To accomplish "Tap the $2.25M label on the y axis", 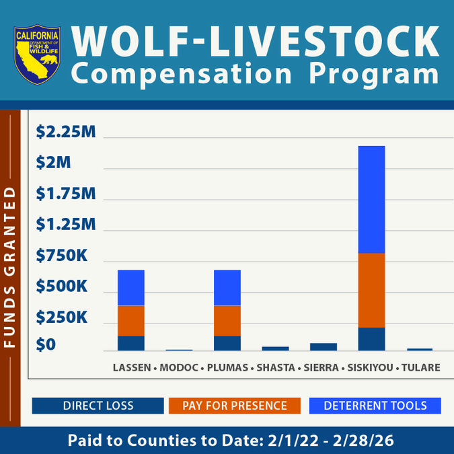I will coord(66,133).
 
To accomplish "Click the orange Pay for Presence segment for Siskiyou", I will coord(371,290).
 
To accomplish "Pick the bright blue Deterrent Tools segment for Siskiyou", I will coord(371,199).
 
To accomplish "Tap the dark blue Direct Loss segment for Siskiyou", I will coord(371,339).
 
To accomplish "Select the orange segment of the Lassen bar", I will coord(131,320).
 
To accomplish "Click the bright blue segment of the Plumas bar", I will coord(227,288).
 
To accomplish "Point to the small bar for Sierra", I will coord(324,346).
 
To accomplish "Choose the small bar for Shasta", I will coord(275,348).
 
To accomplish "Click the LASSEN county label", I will coord(131,368).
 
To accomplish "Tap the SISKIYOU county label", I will coord(370,368).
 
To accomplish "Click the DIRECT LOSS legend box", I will coord(98,406).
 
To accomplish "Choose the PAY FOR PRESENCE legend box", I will coord(235,406).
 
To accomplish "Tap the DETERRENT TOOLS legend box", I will coord(375,406).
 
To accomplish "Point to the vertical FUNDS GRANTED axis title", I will coord(9,267).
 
